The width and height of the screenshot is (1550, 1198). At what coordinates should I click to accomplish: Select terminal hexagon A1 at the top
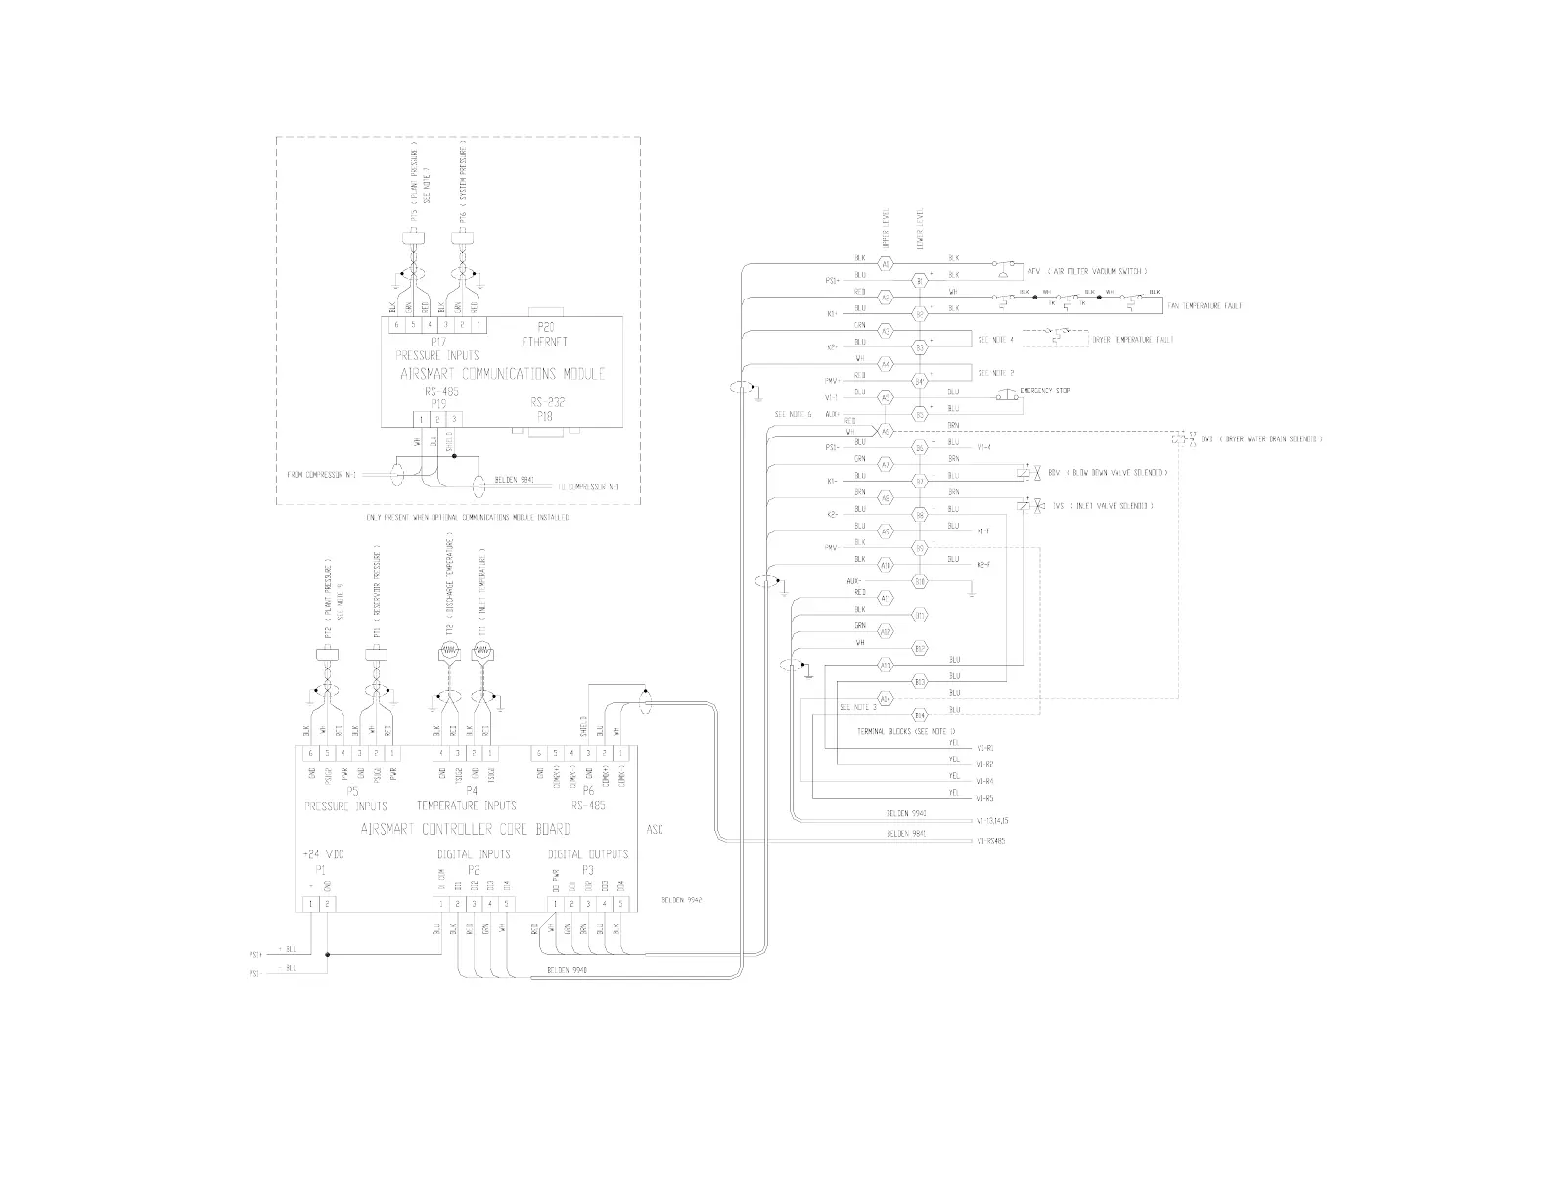[x=885, y=264]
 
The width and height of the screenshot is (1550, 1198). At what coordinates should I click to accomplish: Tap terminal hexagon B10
[x=919, y=581]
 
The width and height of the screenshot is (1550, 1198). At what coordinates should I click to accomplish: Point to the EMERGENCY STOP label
[x=1044, y=391]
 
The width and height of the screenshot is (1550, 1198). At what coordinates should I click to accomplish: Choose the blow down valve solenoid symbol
[x=1025, y=474]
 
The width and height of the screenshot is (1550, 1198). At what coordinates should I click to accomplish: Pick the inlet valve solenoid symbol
[x=1025, y=506]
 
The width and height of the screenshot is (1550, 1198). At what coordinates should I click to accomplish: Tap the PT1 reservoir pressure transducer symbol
[x=375, y=653]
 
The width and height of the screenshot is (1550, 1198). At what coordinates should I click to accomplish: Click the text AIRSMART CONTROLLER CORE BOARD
[x=466, y=829]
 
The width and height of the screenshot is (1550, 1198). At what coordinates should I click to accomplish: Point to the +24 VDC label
[x=323, y=854]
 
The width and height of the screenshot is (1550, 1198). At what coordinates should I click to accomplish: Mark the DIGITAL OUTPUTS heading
[x=587, y=854]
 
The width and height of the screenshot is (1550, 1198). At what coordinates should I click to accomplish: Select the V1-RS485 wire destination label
[x=991, y=841]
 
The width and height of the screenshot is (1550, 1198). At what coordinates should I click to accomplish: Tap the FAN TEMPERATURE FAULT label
[x=1206, y=306]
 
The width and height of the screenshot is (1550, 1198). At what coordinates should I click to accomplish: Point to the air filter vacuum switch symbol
[x=1002, y=268]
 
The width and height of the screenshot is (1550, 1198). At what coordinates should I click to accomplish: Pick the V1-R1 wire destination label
[x=985, y=748]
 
